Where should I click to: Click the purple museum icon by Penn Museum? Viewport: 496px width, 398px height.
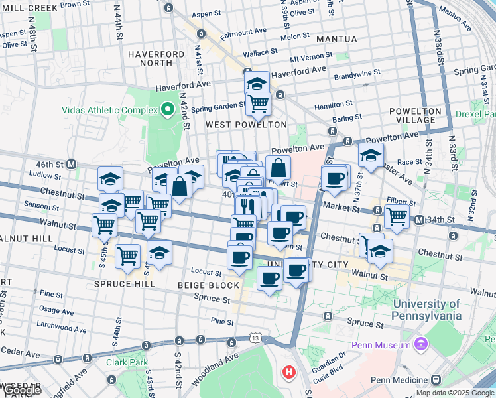pos(419,344)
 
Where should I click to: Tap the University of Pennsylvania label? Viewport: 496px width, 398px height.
pos(427,310)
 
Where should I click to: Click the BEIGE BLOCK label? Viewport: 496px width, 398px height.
pos(208,285)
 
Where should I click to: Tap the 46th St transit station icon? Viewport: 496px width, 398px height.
pos(71,164)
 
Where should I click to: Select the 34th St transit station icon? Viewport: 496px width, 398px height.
pos(419,220)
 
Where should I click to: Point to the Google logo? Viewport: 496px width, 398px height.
pos(22,391)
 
